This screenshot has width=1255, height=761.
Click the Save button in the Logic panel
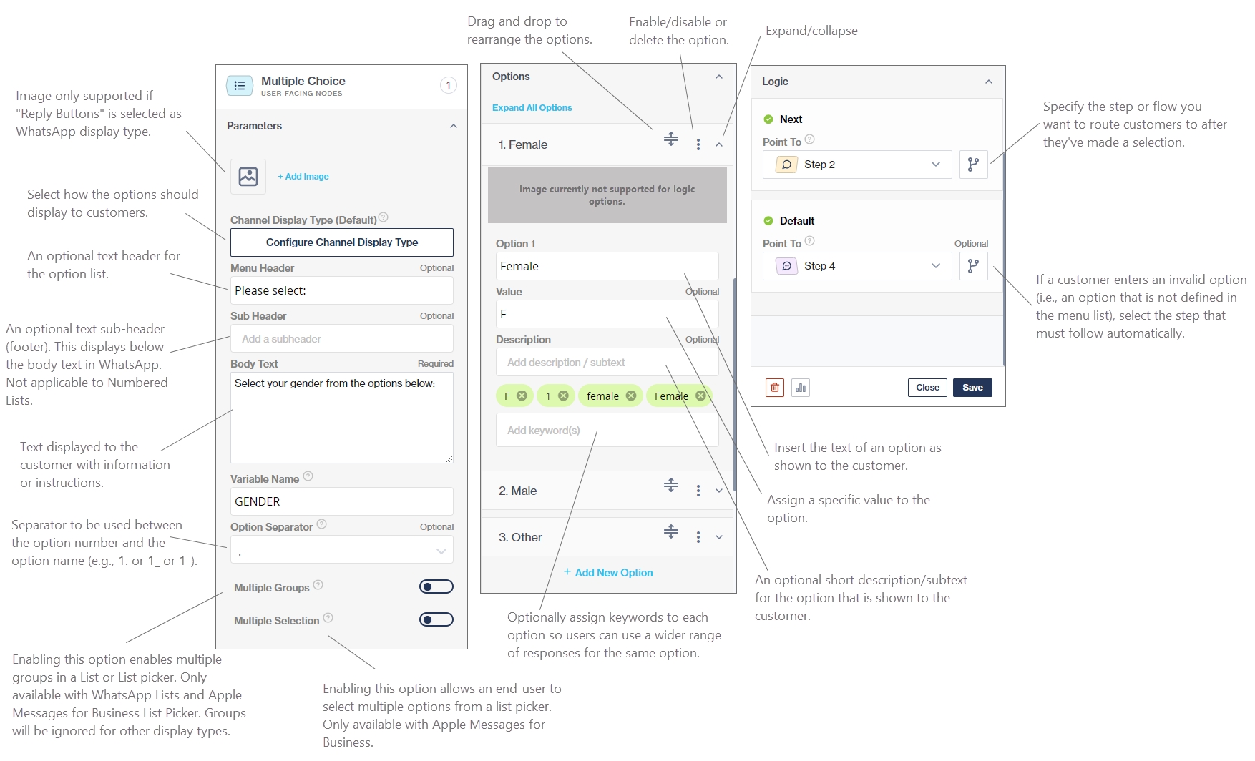tap(972, 388)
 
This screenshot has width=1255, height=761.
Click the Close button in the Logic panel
tap(927, 388)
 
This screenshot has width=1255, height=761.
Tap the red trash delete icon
tap(775, 388)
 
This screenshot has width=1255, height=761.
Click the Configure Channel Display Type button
tap(342, 242)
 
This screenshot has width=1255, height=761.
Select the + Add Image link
tap(303, 177)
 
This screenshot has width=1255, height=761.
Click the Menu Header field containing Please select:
tap(342, 290)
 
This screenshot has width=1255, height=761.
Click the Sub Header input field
tap(342, 339)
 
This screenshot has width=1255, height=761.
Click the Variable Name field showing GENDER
tap(342, 501)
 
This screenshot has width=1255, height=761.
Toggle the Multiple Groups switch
tap(436, 587)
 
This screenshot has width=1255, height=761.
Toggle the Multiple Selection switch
tap(436, 620)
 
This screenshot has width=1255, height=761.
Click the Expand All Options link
tap(532, 108)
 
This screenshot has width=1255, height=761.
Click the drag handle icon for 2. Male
tap(671, 486)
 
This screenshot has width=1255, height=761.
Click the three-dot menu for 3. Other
tap(698, 537)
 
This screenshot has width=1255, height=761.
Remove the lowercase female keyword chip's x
tap(631, 396)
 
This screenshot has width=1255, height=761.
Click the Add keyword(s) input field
tap(607, 431)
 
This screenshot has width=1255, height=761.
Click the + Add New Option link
tap(608, 573)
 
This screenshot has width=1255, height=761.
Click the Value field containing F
tap(607, 314)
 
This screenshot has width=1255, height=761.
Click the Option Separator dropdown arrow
tap(441, 551)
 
